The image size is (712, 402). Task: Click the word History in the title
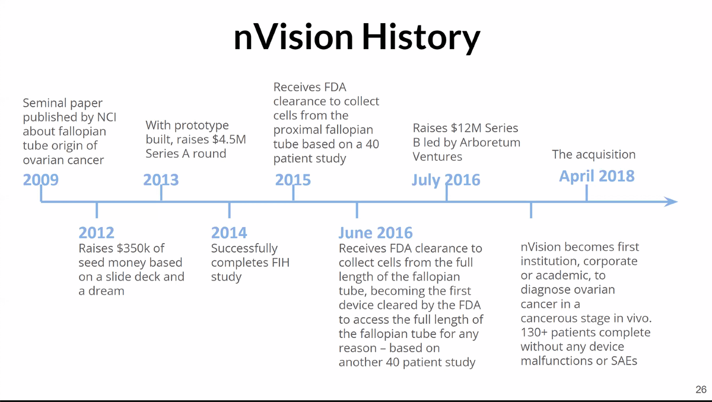pyautogui.click(x=421, y=37)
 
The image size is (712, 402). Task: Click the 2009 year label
pyautogui.click(x=41, y=180)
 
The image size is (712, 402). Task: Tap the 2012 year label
pyautogui.click(x=96, y=232)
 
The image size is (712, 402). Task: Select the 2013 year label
pyautogui.click(x=161, y=180)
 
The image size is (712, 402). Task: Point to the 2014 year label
pyautogui.click(x=229, y=232)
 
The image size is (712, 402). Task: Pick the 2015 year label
pyautogui.click(x=293, y=180)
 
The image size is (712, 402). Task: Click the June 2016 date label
pyautogui.click(x=376, y=232)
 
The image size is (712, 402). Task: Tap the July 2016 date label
pyautogui.click(x=446, y=180)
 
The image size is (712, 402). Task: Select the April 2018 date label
pyautogui.click(x=597, y=176)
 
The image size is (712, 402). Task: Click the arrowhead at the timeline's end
pyautogui.click(x=671, y=202)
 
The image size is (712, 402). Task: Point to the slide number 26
pyautogui.click(x=701, y=390)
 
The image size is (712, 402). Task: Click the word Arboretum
pyautogui.click(x=490, y=142)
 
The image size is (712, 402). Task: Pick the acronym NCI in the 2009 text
pyautogui.click(x=106, y=117)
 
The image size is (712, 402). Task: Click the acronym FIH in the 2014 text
pyautogui.click(x=280, y=263)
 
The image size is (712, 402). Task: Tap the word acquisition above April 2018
pyautogui.click(x=606, y=155)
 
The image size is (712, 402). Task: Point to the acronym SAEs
pyautogui.click(x=624, y=360)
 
